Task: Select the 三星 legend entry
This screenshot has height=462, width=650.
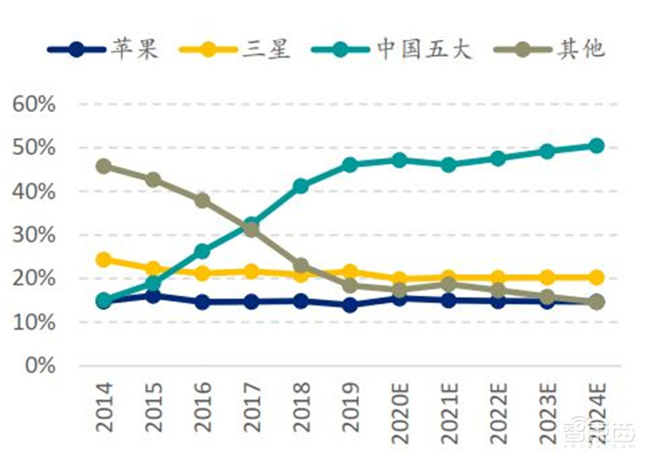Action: pos(236,49)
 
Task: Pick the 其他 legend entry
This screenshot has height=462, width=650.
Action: pos(560,49)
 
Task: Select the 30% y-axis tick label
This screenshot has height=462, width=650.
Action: pos(34,235)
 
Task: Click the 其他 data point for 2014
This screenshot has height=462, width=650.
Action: pos(104,166)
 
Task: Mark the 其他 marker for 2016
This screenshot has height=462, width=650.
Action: pos(202,200)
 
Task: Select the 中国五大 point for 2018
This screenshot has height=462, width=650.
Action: pos(301,186)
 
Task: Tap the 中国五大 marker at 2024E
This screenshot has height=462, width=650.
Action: pos(596,145)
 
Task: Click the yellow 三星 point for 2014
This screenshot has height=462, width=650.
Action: pos(104,260)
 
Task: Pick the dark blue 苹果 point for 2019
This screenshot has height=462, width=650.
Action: pos(350,305)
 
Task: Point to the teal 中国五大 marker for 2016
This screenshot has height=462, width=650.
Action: pos(202,252)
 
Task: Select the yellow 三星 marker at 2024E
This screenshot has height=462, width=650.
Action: pos(596,277)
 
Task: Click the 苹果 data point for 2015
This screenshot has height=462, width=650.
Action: pos(153,296)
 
